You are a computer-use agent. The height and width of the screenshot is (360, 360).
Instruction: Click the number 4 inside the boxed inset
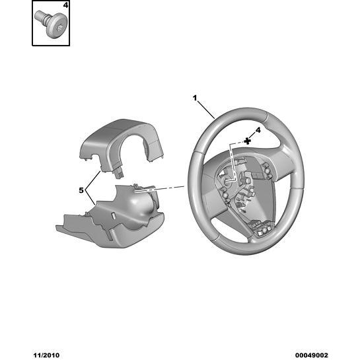(65, 5)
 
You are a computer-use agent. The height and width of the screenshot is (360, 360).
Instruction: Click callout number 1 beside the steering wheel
(195, 98)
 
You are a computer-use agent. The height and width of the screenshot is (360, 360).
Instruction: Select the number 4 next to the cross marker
(258, 130)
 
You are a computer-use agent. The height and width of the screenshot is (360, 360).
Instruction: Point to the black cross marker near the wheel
(247, 141)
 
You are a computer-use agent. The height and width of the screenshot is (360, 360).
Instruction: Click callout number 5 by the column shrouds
(81, 190)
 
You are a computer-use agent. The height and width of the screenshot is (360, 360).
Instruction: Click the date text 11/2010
(46, 355)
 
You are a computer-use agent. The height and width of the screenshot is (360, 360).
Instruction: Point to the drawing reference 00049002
(312, 355)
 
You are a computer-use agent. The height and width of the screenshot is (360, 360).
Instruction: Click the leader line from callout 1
(206, 110)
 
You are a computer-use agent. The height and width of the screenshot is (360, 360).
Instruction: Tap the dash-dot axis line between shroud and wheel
(160, 189)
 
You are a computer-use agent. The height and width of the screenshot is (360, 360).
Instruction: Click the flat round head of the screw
(56, 25)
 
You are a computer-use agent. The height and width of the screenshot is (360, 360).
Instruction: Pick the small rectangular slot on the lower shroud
(113, 215)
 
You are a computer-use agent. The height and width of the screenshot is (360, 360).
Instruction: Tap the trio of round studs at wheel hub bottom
(264, 231)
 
